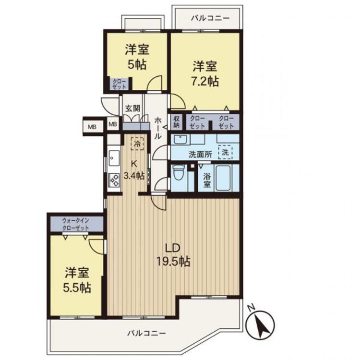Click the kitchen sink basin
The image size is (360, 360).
[114, 157]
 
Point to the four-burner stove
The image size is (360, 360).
[114, 180]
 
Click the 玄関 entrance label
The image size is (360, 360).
[133, 108]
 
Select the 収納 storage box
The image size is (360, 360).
[177, 122]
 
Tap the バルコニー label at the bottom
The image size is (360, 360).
[147, 332]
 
